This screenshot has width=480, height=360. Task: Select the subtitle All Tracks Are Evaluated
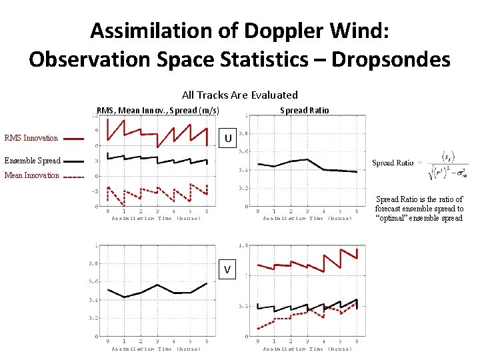(x=240, y=95)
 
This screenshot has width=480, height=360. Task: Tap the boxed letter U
(x=228, y=139)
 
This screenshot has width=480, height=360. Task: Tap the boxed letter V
(x=228, y=269)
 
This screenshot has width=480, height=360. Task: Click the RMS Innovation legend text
(x=31, y=139)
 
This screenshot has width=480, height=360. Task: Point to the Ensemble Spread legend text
(x=31, y=161)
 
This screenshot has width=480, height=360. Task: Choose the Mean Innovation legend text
(x=31, y=176)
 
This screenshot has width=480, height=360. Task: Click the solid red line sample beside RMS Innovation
(x=74, y=139)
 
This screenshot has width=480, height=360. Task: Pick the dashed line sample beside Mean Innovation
(x=74, y=177)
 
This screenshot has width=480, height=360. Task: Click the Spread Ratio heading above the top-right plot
(x=304, y=110)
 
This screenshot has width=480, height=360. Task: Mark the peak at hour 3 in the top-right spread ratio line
(x=307, y=159)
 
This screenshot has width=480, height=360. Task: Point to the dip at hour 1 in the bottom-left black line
(x=125, y=297)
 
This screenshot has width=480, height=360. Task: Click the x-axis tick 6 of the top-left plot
(x=207, y=211)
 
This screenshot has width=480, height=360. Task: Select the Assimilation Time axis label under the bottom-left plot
(x=156, y=349)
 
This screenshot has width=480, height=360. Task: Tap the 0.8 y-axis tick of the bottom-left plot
(x=94, y=263)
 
